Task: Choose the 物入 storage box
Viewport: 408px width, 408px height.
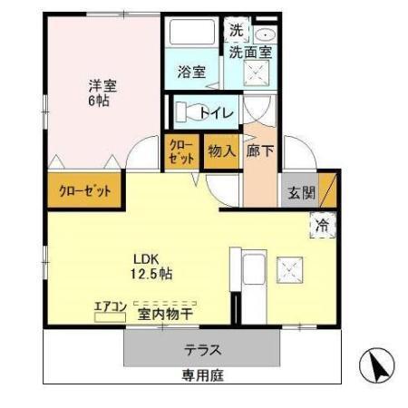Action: (220, 151)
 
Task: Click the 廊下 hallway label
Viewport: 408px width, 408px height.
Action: (261, 151)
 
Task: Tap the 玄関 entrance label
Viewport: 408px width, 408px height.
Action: (303, 192)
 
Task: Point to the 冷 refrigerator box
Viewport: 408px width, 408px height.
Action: (322, 226)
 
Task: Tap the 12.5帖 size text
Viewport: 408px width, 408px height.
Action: (150, 273)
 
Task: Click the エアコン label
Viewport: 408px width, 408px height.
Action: (111, 306)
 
